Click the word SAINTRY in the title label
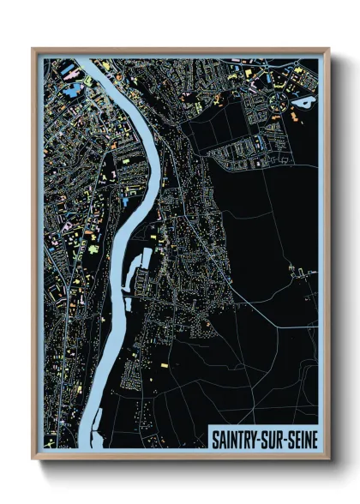[x=236, y=439]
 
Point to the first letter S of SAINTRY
[x=216, y=439]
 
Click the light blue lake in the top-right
[x=303, y=101]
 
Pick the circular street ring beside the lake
[x=280, y=103]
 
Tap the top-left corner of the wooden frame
[x=33, y=50]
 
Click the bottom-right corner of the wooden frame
[x=328, y=458]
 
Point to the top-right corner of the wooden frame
[x=328, y=50]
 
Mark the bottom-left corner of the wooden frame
[x=33, y=458]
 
